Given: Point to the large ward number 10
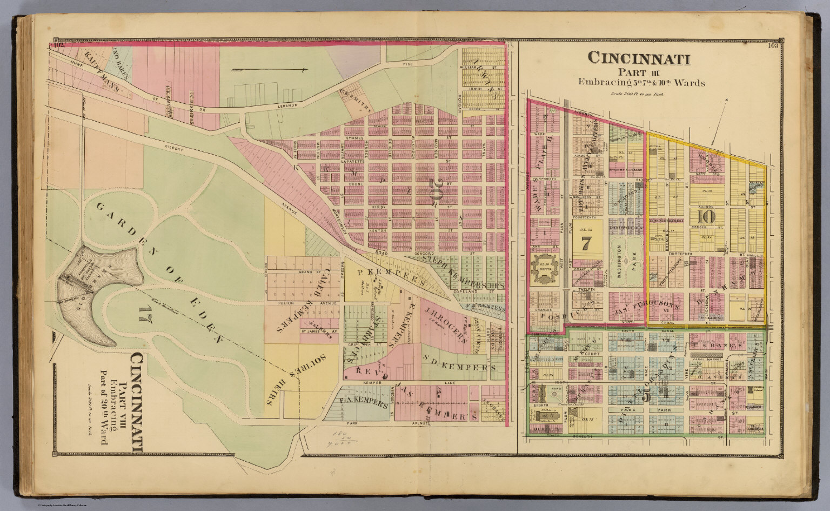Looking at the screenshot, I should pyautogui.click(x=706, y=217).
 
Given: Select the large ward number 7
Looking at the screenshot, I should pyautogui.click(x=585, y=243).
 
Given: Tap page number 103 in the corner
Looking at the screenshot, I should pyautogui.click(x=772, y=46).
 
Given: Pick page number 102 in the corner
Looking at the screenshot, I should pyautogui.click(x=58, y=46).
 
